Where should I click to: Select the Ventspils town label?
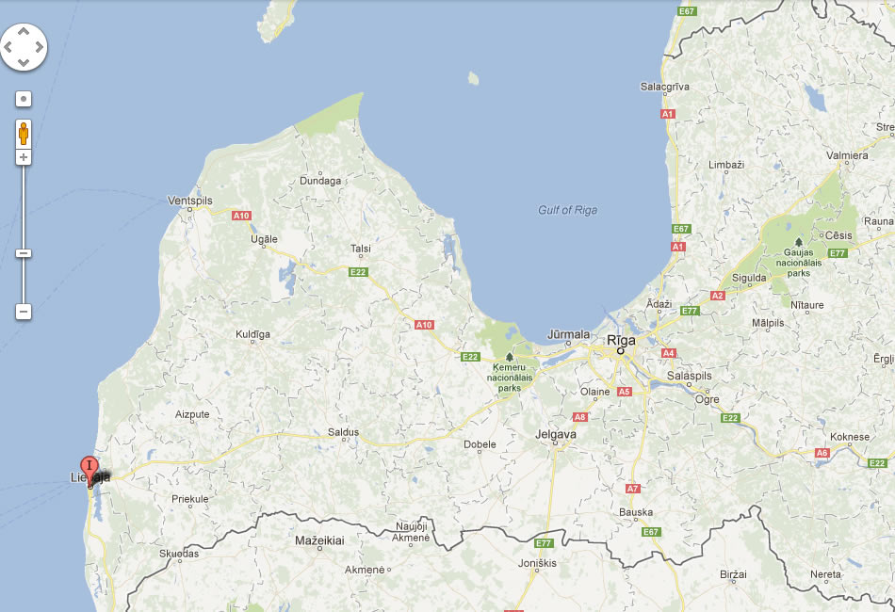click(189, 201)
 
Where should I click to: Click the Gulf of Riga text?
click(567, 210)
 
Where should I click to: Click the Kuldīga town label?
click(252, 334)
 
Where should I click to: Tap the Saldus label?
click(343, 432)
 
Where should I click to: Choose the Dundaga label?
click(319, 181)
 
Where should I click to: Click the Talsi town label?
click(360, 249)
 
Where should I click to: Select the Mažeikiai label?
click(319, 540)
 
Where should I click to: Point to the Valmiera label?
click(847, 155)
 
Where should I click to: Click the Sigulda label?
click(750, 279)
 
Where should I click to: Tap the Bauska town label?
click(636, 512)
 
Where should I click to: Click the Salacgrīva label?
click(665, 87)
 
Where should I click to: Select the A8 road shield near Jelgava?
click(580, 416)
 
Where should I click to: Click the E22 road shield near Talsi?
click(358, 272)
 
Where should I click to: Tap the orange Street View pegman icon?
click(24, 133)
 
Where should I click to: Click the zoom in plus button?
click(24, 157)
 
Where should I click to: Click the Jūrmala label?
click(568, 334)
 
